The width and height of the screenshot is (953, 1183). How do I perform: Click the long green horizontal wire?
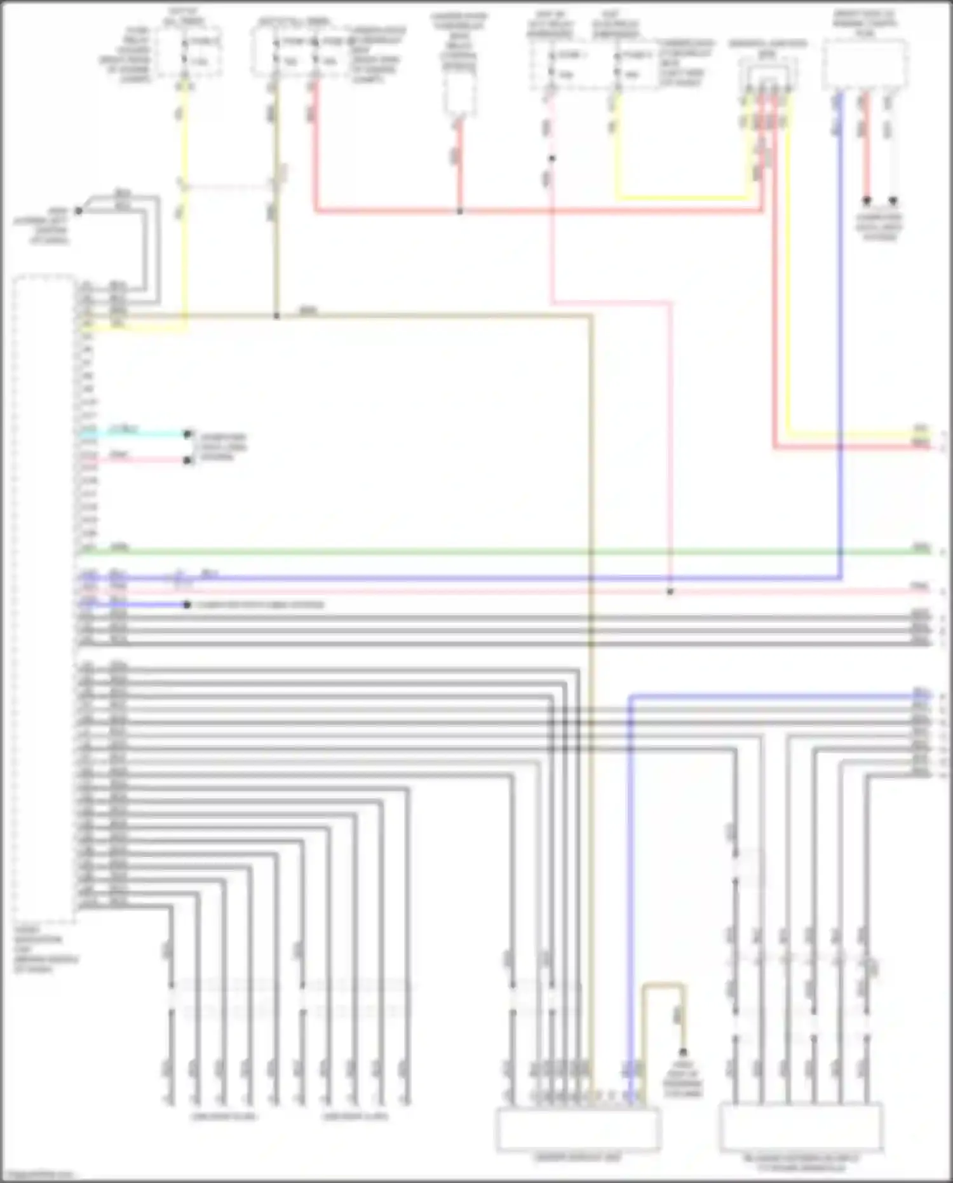point(508,552)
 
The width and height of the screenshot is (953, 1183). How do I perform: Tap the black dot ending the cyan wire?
point(187,434)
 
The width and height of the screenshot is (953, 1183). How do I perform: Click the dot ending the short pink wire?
point(187,460)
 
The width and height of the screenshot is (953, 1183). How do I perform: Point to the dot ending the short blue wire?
point(187,605)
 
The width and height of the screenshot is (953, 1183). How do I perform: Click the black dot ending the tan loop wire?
point(683,1052)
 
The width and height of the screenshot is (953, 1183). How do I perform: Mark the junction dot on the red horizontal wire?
point(460,210)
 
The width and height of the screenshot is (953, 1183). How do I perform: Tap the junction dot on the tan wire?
point(276,315)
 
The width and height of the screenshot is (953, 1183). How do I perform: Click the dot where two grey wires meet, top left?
point(79,210)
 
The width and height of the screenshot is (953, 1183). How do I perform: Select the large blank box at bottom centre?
point(578,1128)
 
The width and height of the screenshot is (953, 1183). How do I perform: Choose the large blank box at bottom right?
point(801,1127)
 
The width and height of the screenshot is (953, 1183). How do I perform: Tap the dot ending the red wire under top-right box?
point(866,201)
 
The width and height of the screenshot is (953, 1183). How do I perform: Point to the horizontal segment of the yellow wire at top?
point(683,198)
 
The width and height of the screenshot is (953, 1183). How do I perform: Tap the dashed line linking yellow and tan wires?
point(229,187)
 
